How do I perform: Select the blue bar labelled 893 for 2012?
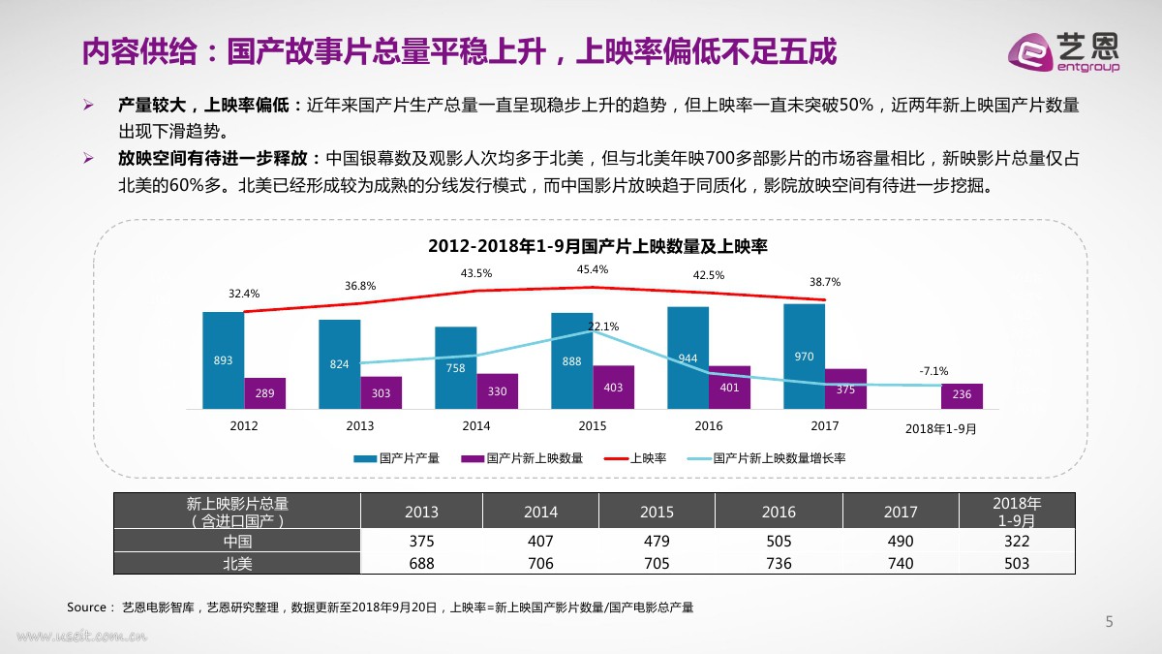point(223,359)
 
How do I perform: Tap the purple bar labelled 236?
point(962,395)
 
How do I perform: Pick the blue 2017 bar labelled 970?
point(804,356)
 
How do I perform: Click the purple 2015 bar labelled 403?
point(613,387)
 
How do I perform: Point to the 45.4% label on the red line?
point(593,269)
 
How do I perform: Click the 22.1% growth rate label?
point(602,327)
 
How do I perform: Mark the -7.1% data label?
point(933,371)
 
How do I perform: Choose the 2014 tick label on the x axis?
point(476,426)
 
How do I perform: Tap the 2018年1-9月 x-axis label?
point(940,427)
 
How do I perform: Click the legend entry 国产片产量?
point(397,458)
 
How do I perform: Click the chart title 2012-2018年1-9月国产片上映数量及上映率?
point(597,247)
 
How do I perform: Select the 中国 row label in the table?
point(237,542)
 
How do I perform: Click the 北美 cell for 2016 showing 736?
point(779,563)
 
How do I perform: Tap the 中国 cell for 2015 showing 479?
point(657,542)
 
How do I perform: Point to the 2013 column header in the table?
point(421,512)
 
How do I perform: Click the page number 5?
point(1110,622)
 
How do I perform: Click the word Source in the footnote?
point(86,607)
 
